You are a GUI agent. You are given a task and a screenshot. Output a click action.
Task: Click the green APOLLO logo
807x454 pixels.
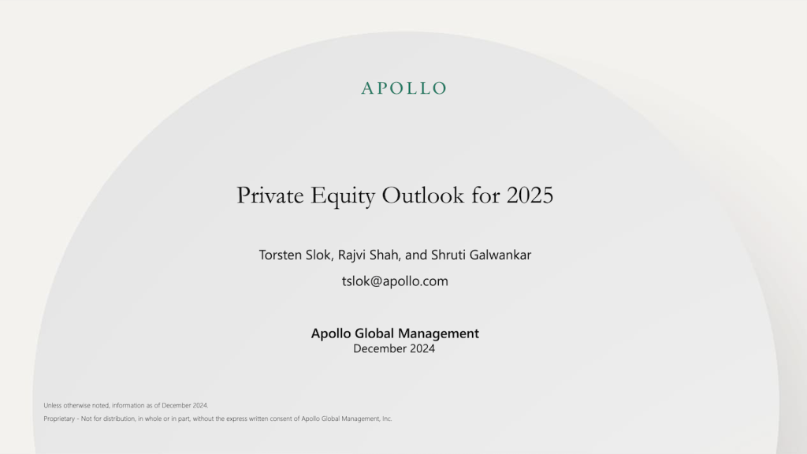click(403, 88)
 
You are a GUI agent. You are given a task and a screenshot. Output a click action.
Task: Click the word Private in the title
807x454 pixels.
click(268, 195)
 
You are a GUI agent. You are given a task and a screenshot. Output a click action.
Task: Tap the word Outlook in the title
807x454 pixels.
click(423, 195)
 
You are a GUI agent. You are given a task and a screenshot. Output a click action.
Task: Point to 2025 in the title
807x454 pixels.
click(530, 195)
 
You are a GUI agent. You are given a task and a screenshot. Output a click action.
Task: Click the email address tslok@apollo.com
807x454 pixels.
click(395, 281)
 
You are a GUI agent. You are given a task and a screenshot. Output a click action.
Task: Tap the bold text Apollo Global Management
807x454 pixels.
click(395, 333)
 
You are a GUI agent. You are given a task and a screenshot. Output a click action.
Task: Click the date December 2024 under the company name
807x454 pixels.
click(394, 348)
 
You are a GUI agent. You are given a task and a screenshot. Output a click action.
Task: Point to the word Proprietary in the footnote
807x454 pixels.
click(59, 419)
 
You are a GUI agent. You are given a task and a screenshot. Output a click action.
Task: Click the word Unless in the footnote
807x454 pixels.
click(52, 405)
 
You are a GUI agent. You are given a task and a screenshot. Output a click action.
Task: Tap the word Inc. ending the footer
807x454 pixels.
click(386, 419)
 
